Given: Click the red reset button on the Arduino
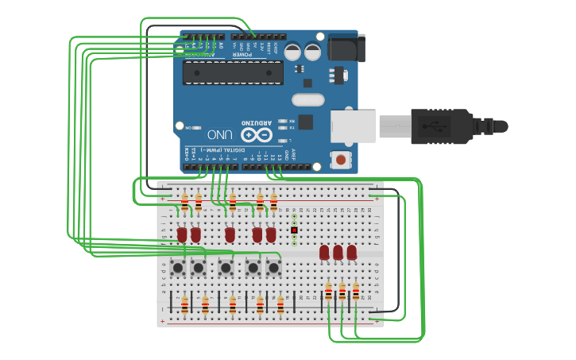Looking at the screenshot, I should (341, 160).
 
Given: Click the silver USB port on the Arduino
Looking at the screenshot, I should (353, 126).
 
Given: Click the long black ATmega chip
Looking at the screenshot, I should (233, 72).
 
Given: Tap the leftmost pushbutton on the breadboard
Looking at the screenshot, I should (178, 268).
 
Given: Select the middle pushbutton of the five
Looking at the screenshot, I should (226, 268).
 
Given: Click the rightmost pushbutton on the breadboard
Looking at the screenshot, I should (273, 268).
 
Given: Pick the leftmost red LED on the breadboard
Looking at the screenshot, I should (182, 234).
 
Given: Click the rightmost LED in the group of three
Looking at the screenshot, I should (351, 252).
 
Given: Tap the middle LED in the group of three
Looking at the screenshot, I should (338, 252).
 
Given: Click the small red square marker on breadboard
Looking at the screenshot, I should (294, 230).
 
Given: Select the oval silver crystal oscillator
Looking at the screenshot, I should (308, 100).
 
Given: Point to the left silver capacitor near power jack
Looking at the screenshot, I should (292, 52).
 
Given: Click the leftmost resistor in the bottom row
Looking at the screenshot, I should (184, 305).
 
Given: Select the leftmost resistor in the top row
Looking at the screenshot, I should (184, 202).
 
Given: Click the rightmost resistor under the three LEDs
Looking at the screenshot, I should (356, 292).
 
